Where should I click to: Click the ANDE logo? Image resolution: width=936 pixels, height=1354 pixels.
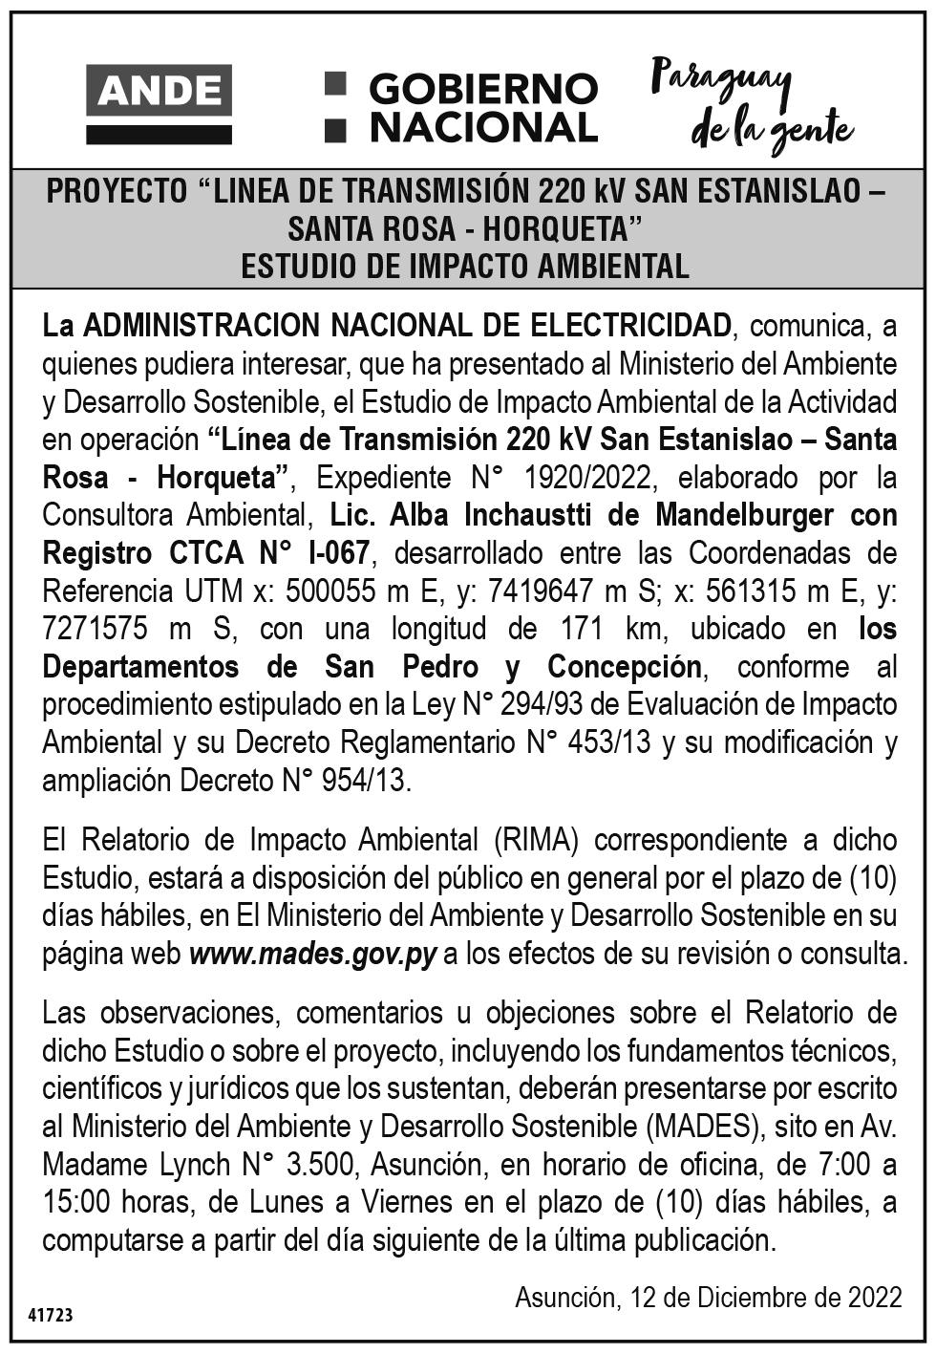pyautogui.click(x=159, y=103)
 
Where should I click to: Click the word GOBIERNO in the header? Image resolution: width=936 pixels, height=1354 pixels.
pyautogui.click(x=482, y=89)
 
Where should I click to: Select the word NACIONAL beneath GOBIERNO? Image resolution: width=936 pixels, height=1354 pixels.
pyautogui.click(x=482, y=127)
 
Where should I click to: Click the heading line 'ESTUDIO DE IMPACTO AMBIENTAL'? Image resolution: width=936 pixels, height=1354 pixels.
pyautogui.click(x=465, y=267)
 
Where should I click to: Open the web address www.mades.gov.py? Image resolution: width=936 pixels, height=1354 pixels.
pyautogui.click(x=313, y=953)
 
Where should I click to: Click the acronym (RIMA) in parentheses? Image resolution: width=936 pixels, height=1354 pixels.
pyautogui.click(x=538, y=840)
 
